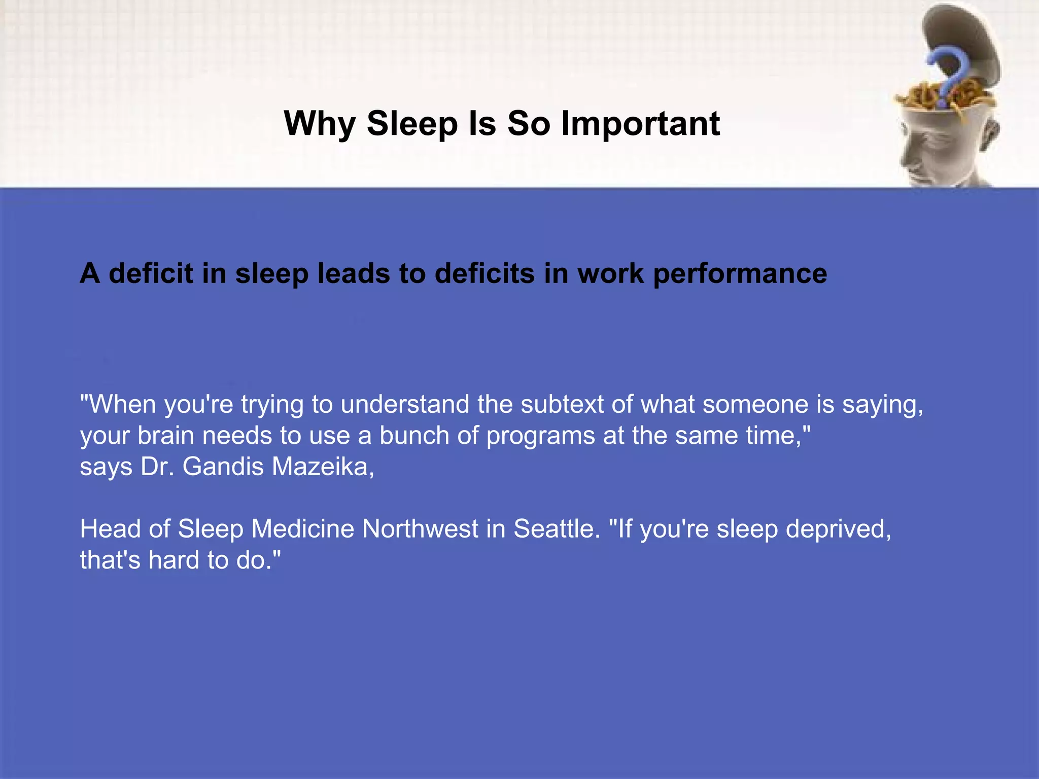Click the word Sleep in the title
tap(412, 124)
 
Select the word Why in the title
tap(320, 124)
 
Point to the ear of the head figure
tap(989, 134)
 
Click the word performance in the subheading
tap(740, 274)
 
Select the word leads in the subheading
tap(354, 274)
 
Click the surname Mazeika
tap(323, 467)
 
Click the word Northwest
tap(420, 529)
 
